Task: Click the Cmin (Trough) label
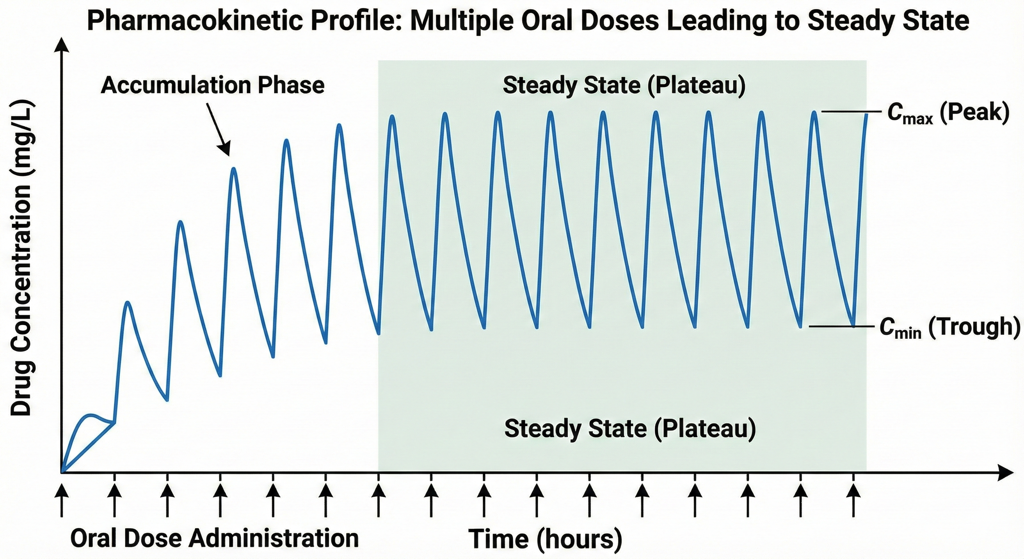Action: (949, 327)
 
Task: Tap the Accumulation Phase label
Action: (213, 86)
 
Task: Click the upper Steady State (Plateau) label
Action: (624, 86)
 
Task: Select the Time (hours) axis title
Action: (545, 539)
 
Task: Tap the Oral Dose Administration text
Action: (215, 538)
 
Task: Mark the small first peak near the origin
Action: (91, 415)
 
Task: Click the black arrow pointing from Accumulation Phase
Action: (218, 129)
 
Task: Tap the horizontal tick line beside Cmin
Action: (841, 326)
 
